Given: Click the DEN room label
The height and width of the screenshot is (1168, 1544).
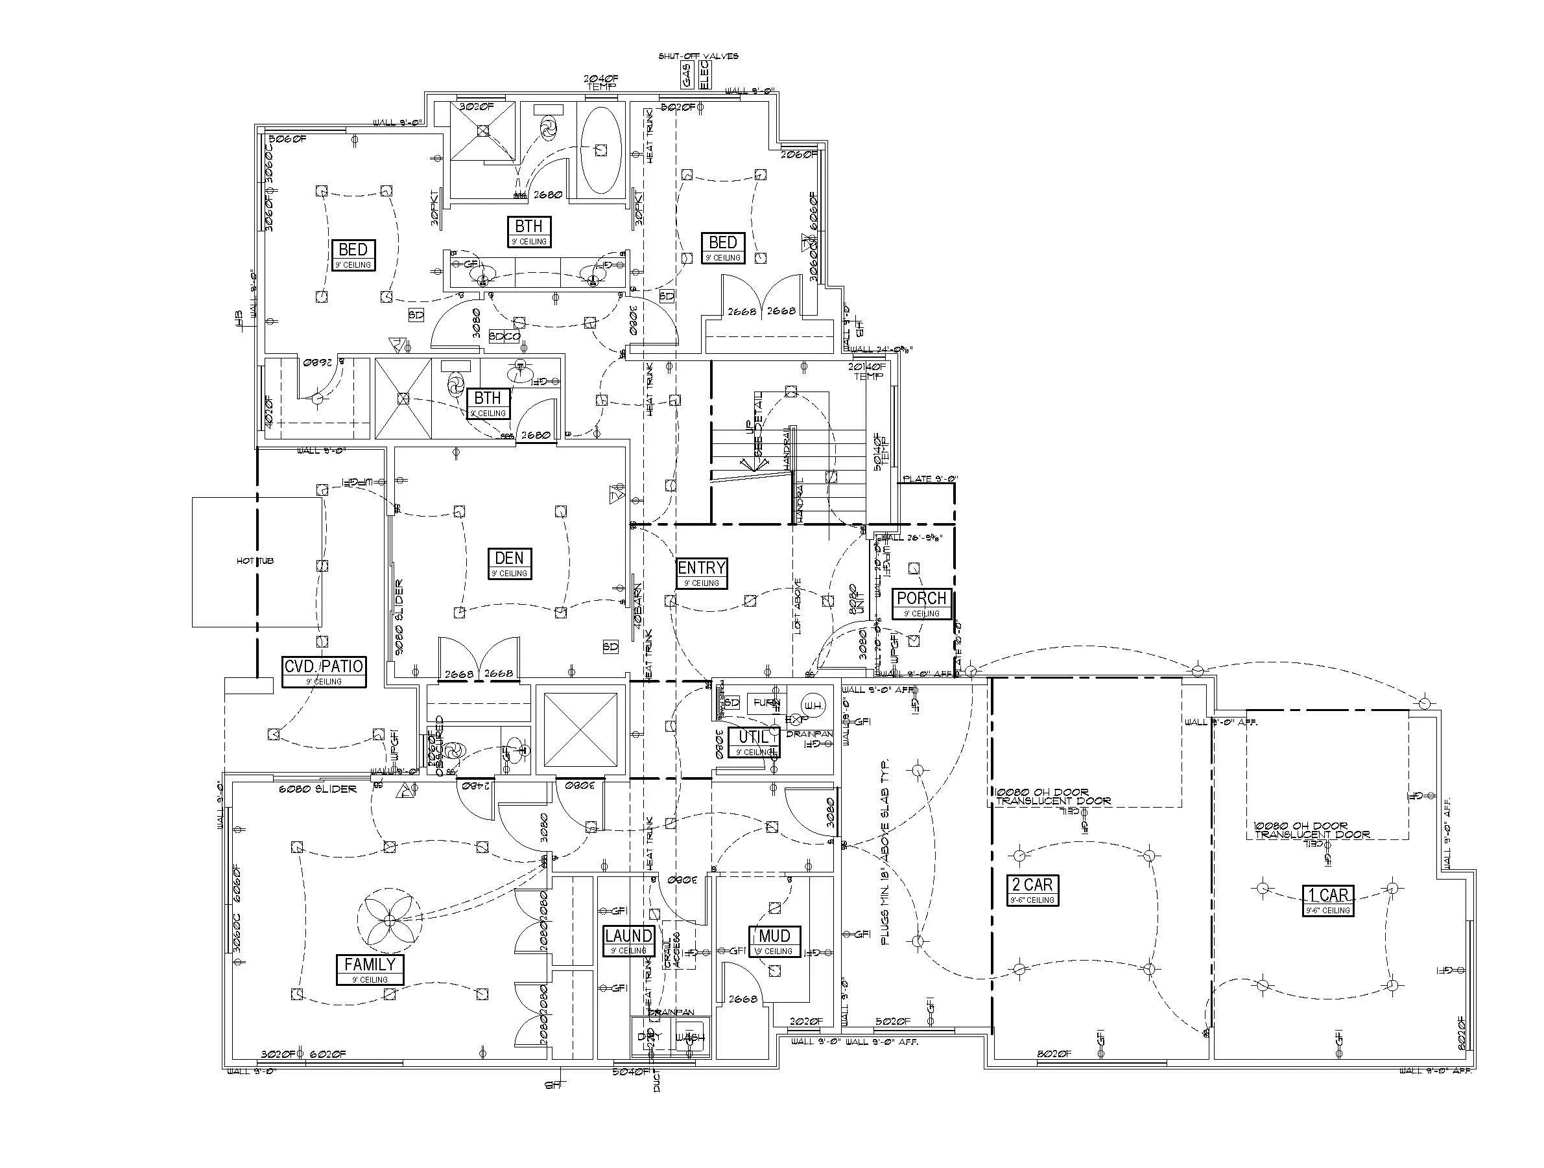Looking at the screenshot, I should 510,558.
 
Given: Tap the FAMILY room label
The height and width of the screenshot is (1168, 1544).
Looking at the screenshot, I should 370,964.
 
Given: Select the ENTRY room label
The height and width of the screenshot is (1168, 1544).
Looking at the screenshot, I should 702,568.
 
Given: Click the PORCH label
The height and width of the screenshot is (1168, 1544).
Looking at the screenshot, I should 921,599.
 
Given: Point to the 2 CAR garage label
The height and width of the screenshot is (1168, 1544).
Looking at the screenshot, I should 1032,885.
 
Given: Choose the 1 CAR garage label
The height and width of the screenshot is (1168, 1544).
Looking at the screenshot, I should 1327,894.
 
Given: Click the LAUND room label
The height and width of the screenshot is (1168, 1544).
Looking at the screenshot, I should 628,936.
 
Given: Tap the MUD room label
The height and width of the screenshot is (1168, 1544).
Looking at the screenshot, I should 774,936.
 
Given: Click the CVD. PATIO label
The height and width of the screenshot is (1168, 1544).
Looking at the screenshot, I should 323,666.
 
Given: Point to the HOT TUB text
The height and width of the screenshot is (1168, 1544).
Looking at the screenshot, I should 255,561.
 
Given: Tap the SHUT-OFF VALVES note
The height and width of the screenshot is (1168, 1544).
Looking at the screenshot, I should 698,56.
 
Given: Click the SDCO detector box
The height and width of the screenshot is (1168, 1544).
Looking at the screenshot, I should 504,336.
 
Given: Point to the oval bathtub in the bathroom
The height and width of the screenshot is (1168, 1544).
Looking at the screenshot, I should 602,149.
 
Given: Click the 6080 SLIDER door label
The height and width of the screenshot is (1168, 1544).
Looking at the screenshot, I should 318,789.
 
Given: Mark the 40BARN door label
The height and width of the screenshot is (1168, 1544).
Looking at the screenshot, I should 638,605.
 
